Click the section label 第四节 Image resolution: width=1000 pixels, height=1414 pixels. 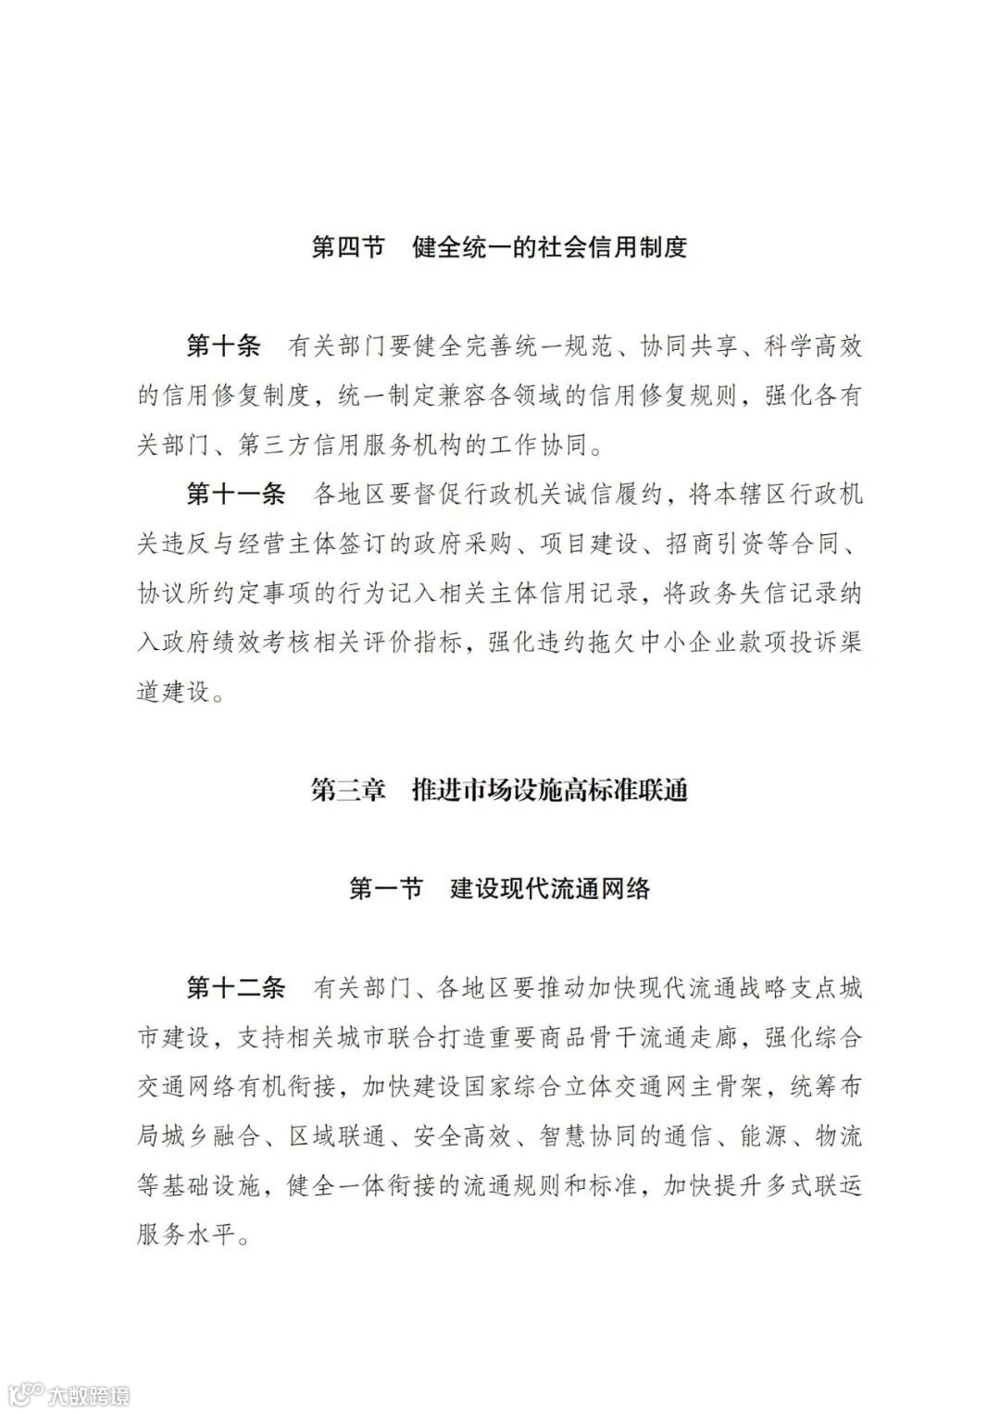tap(348, 247)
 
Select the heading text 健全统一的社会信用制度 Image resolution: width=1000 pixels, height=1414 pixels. tap(550, 247)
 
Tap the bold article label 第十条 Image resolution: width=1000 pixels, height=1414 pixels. tap(223, 346)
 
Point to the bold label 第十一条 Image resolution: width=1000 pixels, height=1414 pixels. tap(235, 494)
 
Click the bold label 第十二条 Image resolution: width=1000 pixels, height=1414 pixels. tap(235, 987)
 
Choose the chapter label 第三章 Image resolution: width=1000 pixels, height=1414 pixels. tap(348, 790)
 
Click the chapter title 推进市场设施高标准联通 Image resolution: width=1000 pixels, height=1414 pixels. tap(550, 790)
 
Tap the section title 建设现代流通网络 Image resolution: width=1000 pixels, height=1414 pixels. tap(550, 888)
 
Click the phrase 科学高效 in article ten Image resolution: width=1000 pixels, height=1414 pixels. tap(814, 346)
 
